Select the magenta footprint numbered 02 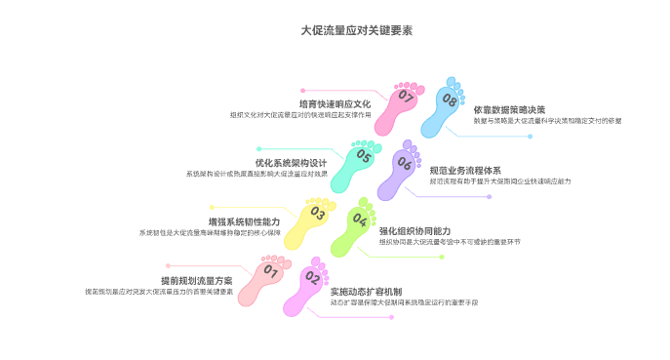[x=311, y=283]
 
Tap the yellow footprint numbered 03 [x=313, y=221]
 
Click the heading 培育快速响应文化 [x=335, y=103]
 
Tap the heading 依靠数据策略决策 [x=509, y=109]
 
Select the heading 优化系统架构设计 [x=291, y=162]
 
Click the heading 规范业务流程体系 [x=465, y=170]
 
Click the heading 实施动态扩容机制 [x=366, y=291]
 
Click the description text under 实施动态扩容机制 [x=403, y=302]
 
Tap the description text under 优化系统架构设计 [x=256, y=175]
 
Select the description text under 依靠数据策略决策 [x=547, y=121]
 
